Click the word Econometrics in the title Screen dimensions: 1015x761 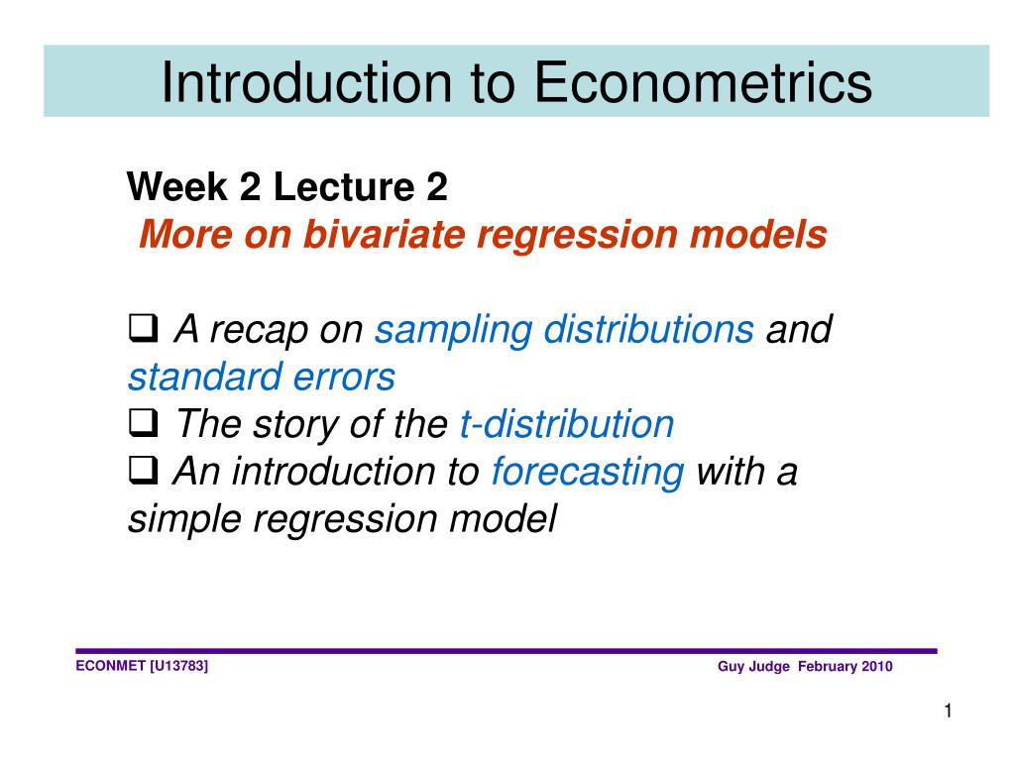tap(703, 82)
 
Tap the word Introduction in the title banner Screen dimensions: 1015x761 tap(306, 82)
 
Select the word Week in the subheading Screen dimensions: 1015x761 tap(177, 186)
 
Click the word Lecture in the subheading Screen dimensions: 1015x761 tap(344, 186)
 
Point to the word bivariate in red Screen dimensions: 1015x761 tap(384, 234)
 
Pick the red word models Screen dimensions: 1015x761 tap(758, 234)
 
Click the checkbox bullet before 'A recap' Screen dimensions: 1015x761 tap(143, 328)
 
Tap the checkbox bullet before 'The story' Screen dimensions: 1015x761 tap(143, 423)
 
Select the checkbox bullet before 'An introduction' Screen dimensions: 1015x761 tap(143, 471)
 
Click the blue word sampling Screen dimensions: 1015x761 tap(453, 331)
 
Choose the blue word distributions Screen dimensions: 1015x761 tap(648, 329)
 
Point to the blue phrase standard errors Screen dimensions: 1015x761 tap(262, 377)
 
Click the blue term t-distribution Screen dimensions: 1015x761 tap(567, 424)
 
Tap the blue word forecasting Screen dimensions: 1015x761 tap(588, 473)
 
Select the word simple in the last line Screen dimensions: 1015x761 tap(184, 519)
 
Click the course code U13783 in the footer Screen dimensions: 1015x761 tap(178, 666)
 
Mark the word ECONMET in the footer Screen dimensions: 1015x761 tap(111, 666)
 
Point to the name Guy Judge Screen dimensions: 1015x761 tap(753, 667)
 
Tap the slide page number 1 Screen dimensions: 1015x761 tap(949, 711)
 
